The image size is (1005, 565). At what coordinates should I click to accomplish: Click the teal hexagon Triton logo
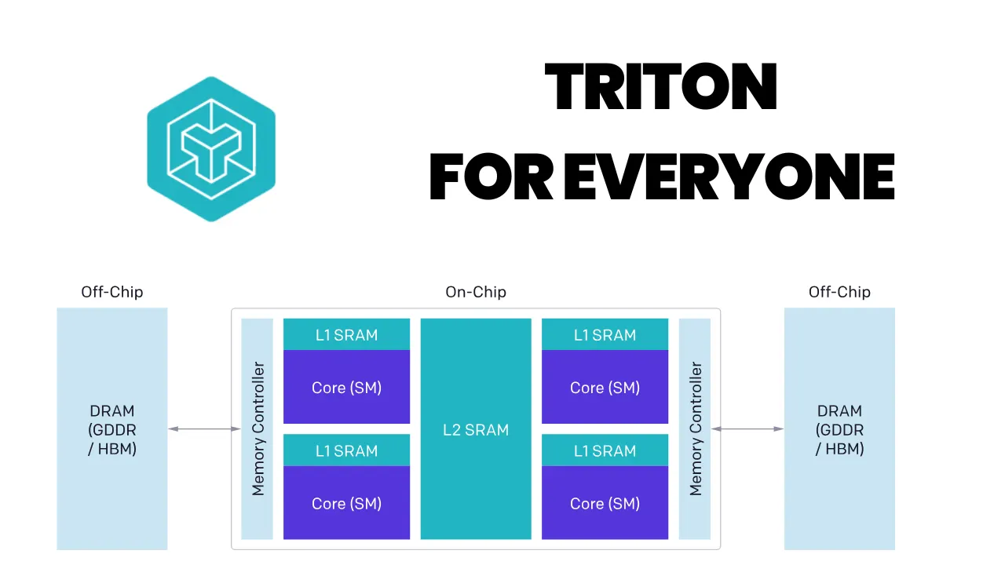coord(211,148)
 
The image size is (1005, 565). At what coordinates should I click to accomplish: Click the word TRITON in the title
coord(661,88)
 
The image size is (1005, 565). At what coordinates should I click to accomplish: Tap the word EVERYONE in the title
coord(729,177)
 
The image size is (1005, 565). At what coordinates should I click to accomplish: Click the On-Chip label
coord(476,292)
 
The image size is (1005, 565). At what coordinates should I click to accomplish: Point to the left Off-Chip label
coord(112,292)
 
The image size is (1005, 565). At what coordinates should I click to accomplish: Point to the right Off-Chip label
coord(839,292)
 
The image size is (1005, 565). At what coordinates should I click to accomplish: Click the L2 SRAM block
coord(476,429)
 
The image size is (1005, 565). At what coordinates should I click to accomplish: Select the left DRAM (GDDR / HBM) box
coord(112,429)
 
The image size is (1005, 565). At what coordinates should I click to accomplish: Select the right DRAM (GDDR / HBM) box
coord(839,429)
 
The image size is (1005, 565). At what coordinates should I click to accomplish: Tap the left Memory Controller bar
coord(258,429)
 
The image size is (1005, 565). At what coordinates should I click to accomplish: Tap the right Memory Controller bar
coord(695,429)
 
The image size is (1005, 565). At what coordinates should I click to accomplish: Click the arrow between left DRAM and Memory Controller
coord(204,428)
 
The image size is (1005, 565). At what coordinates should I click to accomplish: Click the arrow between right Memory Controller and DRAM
coord(747,428)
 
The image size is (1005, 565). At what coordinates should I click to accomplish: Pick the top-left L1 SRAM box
coord(346,335)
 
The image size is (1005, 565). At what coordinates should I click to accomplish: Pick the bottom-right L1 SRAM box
coord(605,450)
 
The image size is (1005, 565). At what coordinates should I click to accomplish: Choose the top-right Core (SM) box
coord(605,387)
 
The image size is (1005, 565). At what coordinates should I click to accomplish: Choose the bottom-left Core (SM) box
coord(346,503)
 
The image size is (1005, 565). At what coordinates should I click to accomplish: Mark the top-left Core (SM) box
coord(346,387)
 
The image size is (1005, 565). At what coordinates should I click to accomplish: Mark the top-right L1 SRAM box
coord(605,335)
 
